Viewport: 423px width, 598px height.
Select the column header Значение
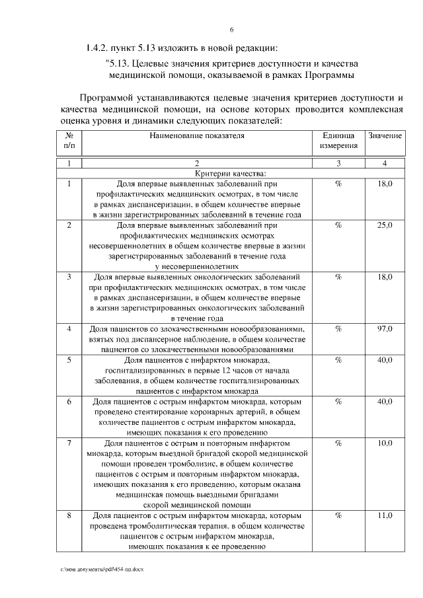[x=385, y=135]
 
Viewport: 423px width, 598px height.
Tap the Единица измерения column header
[x=338, y=140]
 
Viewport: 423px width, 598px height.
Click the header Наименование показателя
[x=196, y=135]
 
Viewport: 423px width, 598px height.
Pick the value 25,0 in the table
[x=385, y=225]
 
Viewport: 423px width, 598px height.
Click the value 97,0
[x=385, y=328]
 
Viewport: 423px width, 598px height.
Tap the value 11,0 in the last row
[x=385, y=515]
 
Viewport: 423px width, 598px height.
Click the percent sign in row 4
[x=338, y=328]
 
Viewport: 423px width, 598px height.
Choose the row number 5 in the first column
[x=69, y=360]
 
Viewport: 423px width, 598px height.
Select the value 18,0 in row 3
[x=385, y=277]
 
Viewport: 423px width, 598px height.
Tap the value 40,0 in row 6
[x=385, y=401]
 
